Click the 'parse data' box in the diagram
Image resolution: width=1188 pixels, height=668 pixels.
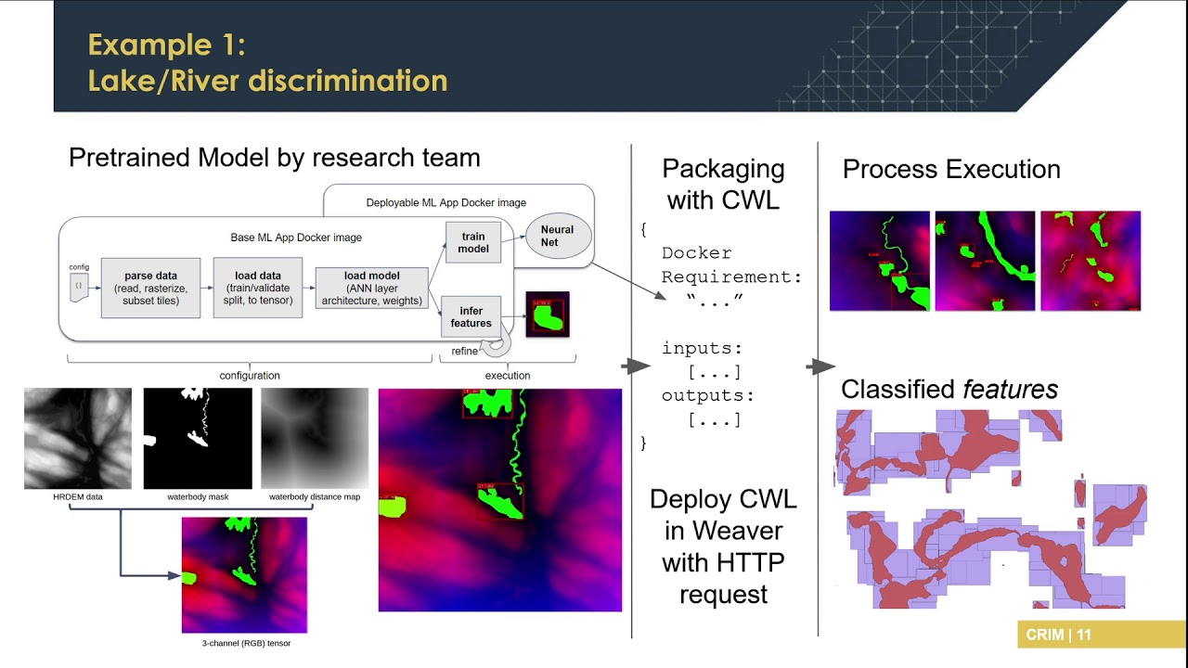pyautogui.click(x=150, y=288)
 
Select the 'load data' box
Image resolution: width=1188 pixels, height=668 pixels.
pyautogui.click(x=258, y=288)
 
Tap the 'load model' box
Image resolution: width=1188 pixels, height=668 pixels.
pyautogui.click(x=372, y=288)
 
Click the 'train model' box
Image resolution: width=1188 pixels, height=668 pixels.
pyautogui.click(x=473, y=243)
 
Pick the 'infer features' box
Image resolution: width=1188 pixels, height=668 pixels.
pyautogui.click(x=471, y=316)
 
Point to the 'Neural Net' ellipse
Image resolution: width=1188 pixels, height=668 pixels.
pyautogui.click(x=558, y=236)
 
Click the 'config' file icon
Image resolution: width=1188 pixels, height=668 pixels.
pyautogui.click(x=79, y=286)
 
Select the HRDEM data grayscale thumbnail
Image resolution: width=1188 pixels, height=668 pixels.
pyautogui.click(x=78, y=438)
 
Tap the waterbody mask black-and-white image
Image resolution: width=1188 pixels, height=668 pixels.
pyautogui.click(x=198, y=438)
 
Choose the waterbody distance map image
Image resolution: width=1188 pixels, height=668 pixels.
pyautogui.click(x=315, y=438)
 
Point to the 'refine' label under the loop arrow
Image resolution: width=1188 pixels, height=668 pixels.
pyautogui.click(x=465, y=351)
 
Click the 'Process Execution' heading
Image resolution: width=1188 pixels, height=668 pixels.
pyautogui.click(x=951, y=169)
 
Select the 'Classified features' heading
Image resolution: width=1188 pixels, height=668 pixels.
pyautogui.click(x=949, y=390)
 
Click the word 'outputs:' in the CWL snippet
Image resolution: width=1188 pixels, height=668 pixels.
pyautogui.click(x=708, y=396)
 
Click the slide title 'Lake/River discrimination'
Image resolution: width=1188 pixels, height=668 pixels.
pyautogui.click(x=267, y=80)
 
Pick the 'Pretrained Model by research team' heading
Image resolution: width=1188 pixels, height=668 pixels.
pyautogui.click(x=275, y=158)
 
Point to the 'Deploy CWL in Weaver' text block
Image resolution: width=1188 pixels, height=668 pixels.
pyautogui.click(x=723, y=546)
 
